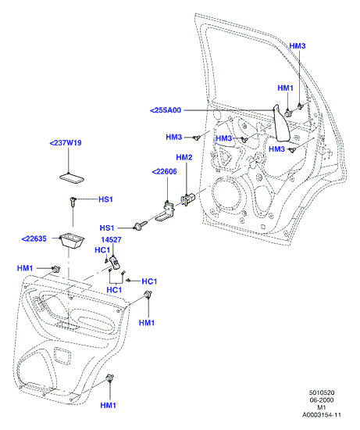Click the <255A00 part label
pos(166,110)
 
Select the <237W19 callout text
pos(66,143)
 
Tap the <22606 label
pos(165,172)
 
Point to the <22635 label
pos(34,239)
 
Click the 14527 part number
pos(111,240)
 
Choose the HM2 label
pos(184,157)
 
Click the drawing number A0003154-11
pos(322,415)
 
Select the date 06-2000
pos(322,400)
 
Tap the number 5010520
pos(322,392)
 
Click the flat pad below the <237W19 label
pos(72,178)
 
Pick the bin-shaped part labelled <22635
pos(72,241)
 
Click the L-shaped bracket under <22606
pos(165,211)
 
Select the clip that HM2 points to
pos(187,199)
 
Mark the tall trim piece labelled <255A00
pos(281,124)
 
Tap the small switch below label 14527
pos(115,262)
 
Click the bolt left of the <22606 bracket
pos(140,225)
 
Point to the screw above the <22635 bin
pos(73,202)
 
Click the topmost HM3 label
pos(298,46)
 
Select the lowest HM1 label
pos(109,405)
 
